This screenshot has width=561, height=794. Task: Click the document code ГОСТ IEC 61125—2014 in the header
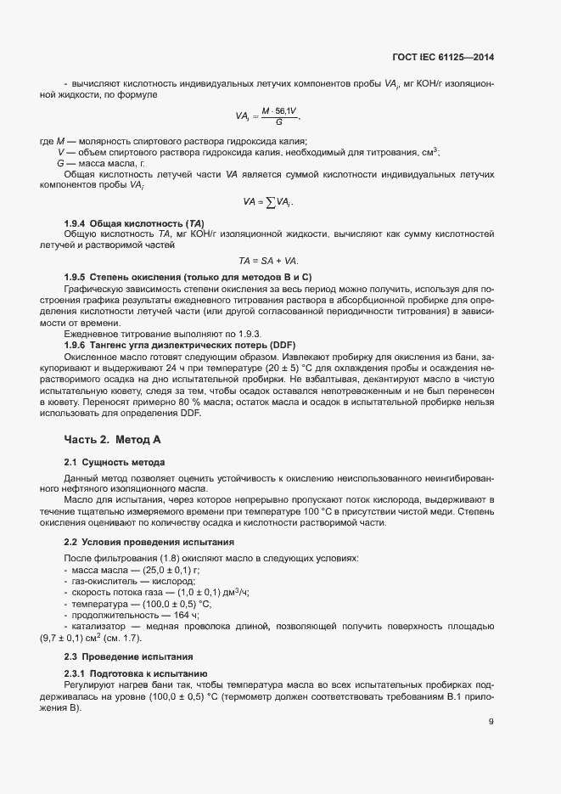click(x=443, y=58)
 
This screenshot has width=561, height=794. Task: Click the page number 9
click(x=491, y=723)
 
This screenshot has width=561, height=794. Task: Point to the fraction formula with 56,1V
click(x=268, y=115)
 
